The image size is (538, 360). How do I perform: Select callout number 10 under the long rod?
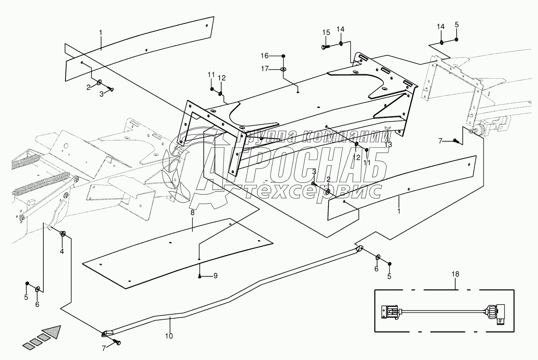tap(169, 336)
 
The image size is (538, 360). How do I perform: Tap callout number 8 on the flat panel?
tap(192, 213)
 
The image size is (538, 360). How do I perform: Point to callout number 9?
tap(216, 276)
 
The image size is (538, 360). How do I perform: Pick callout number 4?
tap(62, 251)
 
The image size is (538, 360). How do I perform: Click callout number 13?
tap(388, 144)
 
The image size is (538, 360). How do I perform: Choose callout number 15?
tap(326, 32)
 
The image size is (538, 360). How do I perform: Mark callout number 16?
tap(275, 56)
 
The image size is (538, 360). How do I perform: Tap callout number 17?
tap(275, 69)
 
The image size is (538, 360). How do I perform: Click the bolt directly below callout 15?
tap(325, 47)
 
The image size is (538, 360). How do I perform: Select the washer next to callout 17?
tap(284, 69)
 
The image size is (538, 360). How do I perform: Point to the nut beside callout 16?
tap(284, 56)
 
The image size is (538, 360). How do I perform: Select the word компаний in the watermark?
tap(345, 136)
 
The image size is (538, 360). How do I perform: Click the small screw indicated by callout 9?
tap(199, 276)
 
